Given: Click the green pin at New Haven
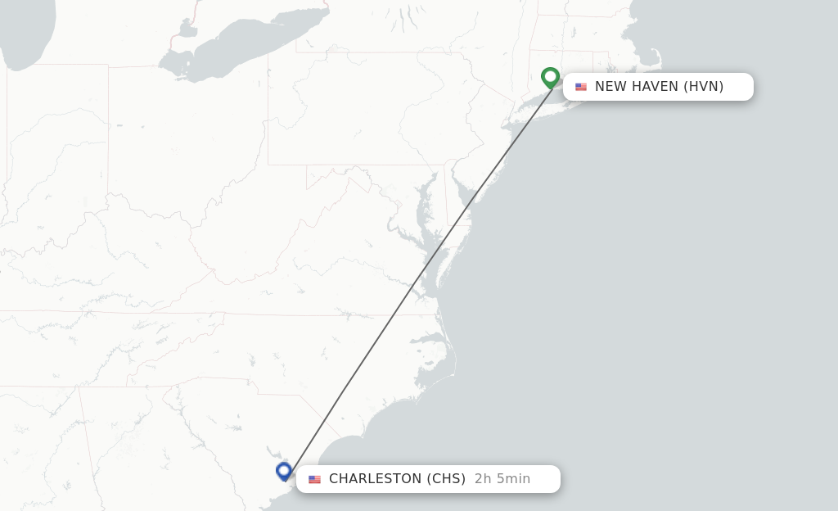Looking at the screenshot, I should click(x=550, y=77).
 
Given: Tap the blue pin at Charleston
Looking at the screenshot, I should click(x=284, y=471).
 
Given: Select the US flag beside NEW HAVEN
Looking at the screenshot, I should click(x=581, y=87).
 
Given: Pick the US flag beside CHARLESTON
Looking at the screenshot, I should click(x=314, y=479).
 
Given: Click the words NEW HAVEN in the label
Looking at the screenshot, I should click(x=637, y=86).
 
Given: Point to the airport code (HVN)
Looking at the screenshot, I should click(x=704, y=86).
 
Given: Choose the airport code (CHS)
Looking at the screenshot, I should click(x=446, y=479).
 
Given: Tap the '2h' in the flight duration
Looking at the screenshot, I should click(x=483, y=479).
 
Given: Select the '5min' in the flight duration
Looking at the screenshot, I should click(x=514, y=479).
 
